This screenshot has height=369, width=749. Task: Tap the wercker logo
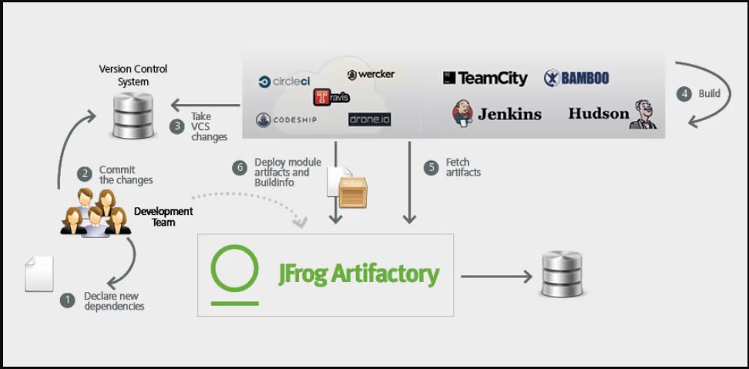(x=371, y=75)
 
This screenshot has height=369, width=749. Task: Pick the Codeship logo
(x=287, y=119)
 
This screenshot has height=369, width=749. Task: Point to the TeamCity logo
(x=485, y=78)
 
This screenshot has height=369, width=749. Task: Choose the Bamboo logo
(x=576, y=78)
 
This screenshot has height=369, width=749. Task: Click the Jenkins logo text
(x=497, y=114)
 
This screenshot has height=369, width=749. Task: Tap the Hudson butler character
(x=643, y=114)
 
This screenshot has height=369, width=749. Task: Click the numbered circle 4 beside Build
(x=684, y=93)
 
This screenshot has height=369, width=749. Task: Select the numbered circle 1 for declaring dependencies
(x=68, y=300)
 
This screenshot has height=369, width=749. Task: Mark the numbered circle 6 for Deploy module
(x=240, y=166)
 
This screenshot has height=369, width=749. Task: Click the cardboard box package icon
(x=354, y=191)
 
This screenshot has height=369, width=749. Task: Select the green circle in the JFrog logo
(x=235, y=268)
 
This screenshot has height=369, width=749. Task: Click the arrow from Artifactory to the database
(x=496, y=275)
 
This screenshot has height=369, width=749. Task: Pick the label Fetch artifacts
(x=463, y=167)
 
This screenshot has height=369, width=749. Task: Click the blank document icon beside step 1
(x=39, y=273)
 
